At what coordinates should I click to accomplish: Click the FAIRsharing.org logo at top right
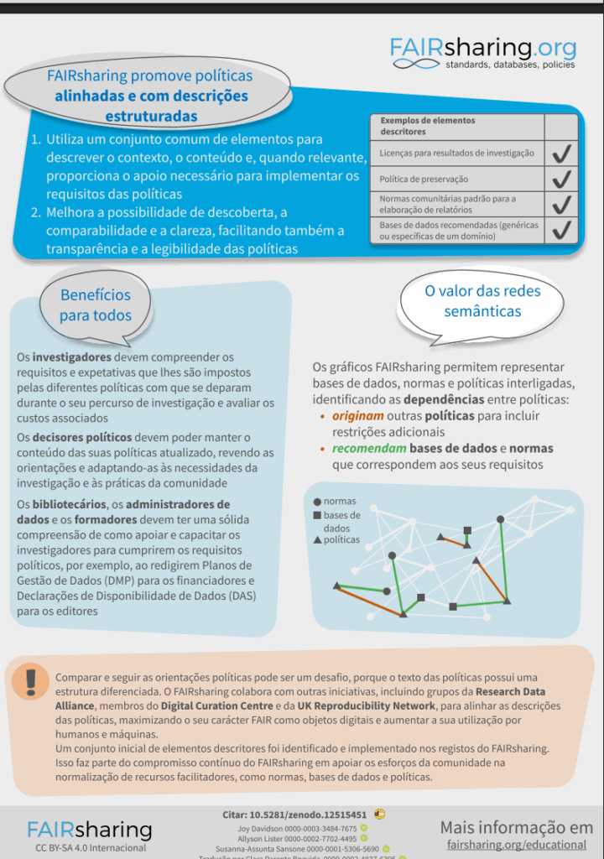[483, 53]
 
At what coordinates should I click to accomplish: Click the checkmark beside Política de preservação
[561, 179]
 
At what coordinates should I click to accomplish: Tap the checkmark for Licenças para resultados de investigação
[561, 153]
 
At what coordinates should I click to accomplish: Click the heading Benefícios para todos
[96, 305]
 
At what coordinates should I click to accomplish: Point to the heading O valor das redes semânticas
[482, 301]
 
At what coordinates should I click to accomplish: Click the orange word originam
[358, 416]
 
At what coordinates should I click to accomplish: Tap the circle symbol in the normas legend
[316, 502]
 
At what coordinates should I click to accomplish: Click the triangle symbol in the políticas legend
[316, 540]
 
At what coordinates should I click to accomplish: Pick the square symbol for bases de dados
[316, 515]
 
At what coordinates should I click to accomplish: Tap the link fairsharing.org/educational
[517, 844]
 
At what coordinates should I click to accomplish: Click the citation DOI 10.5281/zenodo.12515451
[307, 815]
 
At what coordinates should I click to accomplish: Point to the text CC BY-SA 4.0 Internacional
[90, 848]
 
